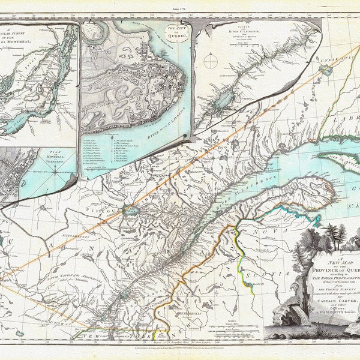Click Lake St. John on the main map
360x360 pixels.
pos(130,211)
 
